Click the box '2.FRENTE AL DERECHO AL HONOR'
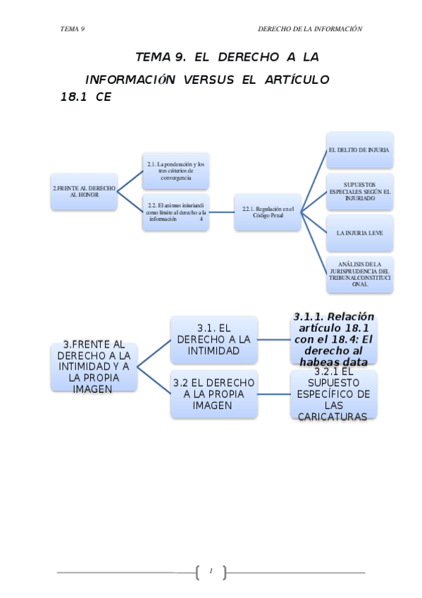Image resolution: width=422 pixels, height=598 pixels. (83, 192)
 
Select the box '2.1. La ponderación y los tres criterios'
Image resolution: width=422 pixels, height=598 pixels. (175, 171)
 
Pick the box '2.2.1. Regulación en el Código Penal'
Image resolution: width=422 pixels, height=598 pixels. (267, 212)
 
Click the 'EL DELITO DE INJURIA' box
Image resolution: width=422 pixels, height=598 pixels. (359, 150)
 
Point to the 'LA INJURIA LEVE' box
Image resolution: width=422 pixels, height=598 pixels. (359, 232)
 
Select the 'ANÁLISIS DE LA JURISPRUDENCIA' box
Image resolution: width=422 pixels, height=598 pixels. (359, 274)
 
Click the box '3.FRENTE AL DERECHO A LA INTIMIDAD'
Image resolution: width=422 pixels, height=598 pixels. (94, 367)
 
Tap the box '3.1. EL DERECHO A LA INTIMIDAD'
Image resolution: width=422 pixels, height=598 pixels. (213, 339)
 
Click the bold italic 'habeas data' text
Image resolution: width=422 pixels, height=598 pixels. (334, 362)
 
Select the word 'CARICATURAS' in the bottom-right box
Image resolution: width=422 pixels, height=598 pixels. (334, 417)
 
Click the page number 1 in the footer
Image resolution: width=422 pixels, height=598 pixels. (211, 570)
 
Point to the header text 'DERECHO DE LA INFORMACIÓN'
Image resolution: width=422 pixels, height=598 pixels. (310, 29)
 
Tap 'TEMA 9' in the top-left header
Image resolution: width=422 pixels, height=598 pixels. (73, 29)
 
